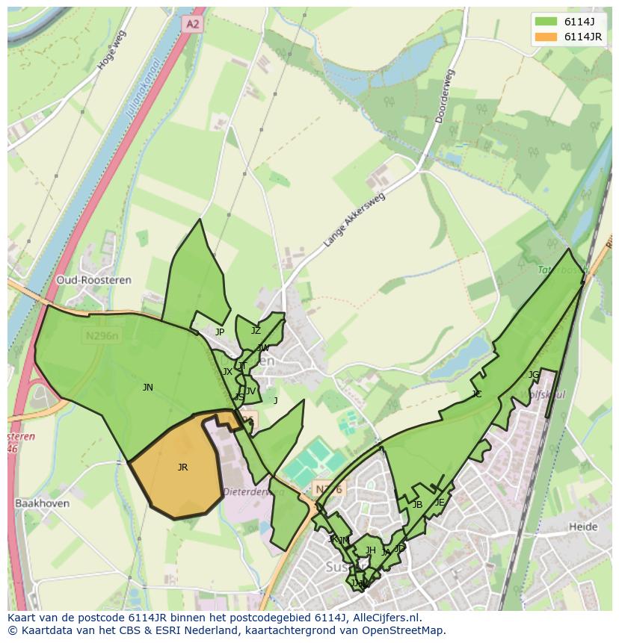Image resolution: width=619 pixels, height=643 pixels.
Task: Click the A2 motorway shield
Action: coord(193,24)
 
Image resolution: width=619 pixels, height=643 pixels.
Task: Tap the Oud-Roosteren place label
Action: coord(93,280)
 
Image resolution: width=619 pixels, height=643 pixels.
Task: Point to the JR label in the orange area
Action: coord(182,468)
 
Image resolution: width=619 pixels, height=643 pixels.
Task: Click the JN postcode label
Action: coord(148,388)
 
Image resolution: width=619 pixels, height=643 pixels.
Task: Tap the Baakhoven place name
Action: coord(42,503)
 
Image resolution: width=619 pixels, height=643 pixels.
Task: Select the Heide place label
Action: coord(583,526)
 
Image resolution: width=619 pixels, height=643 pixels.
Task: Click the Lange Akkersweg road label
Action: coord(354,220)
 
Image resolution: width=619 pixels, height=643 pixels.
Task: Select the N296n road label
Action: coord(102,337)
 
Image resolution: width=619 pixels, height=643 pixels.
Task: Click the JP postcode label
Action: coord(220,332)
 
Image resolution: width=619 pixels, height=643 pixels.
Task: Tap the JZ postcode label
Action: coord(256,331)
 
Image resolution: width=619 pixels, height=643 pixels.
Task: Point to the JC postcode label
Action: coord(477,394)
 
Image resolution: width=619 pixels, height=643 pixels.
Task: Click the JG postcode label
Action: coord(533,375)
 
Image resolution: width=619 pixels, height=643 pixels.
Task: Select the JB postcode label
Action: coord(417,505)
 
